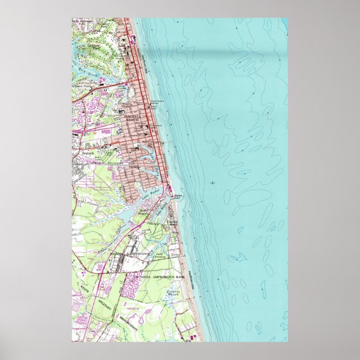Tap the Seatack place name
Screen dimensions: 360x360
click(89, 151)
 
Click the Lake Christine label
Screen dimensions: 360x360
click(162, 255)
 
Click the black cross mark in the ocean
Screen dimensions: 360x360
click(212, 182)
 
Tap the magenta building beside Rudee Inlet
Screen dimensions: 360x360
click(168, 191)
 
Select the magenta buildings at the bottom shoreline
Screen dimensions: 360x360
click(192, 337)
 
